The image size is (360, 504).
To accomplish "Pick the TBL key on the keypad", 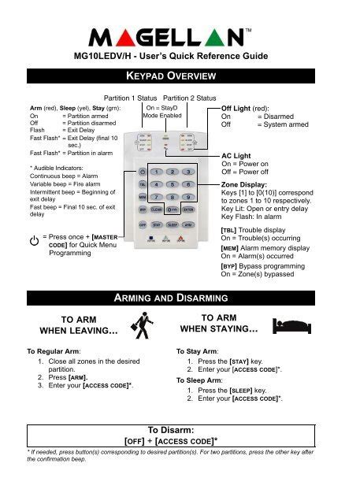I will pos(142,184).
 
